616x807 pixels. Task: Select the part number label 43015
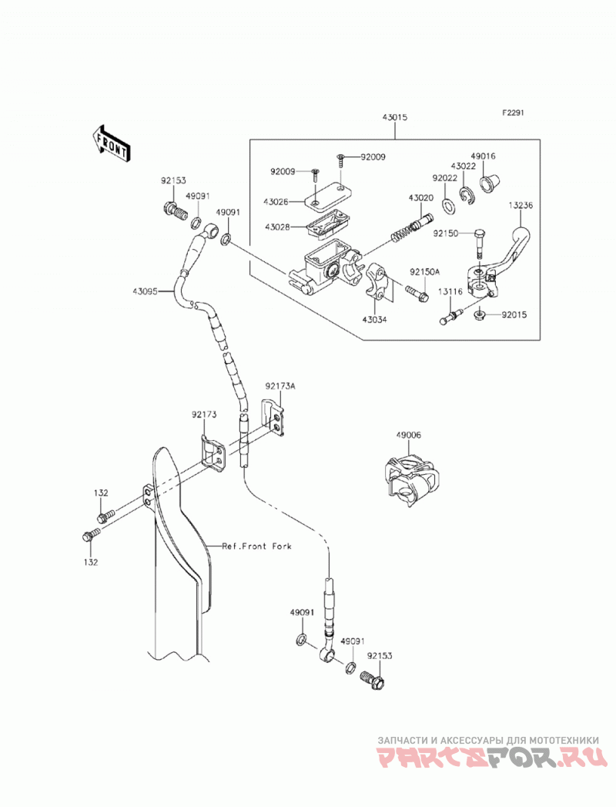click(395, 117)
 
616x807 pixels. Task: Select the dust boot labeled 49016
click(489, 183)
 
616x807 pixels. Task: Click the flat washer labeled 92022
click(448, 205)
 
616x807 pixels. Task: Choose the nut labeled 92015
click(480, 314)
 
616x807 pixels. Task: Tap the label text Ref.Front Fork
click(256, 546)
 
